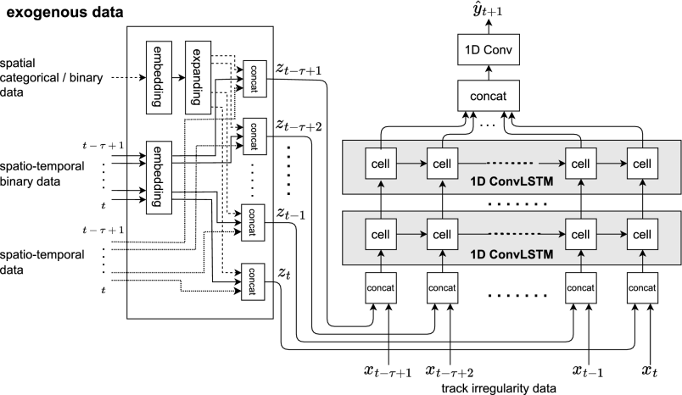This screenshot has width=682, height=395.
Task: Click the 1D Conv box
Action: [x=489, y=50]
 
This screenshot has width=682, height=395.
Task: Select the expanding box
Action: [x=198, y=77]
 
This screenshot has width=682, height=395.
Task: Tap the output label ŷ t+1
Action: [x=488, y=10]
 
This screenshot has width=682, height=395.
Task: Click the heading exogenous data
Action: [x=64, y=12]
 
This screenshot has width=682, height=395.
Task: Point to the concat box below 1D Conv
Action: [x=489, y=95]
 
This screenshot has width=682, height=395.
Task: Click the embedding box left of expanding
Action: [x=159, y=77]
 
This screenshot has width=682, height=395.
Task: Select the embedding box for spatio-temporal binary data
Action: [x=159, y=177]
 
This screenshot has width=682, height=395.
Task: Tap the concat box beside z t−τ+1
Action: [x=254, y=79]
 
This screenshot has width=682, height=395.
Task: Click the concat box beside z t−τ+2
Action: [x=254, y=136]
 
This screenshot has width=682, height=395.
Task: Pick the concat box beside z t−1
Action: [x=253, y=222]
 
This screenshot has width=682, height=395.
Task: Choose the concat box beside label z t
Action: [x=253, y=281]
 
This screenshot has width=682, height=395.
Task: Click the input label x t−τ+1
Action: [x=388, y=371]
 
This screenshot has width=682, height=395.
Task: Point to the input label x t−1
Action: [x=588, y=371]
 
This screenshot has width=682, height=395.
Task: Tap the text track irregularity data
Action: [x=499, y=388]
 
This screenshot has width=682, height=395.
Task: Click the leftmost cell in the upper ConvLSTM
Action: [x=381, y=164]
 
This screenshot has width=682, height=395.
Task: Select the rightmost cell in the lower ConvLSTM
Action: [x=642, y=234]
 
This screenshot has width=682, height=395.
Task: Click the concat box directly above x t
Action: [x=642, y=287]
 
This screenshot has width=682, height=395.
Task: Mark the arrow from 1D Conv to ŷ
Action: [x=489, y=27]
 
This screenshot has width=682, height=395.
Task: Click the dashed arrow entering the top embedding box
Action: [x=129, y=78]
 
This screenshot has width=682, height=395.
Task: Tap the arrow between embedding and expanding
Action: [x=178, y=78]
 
